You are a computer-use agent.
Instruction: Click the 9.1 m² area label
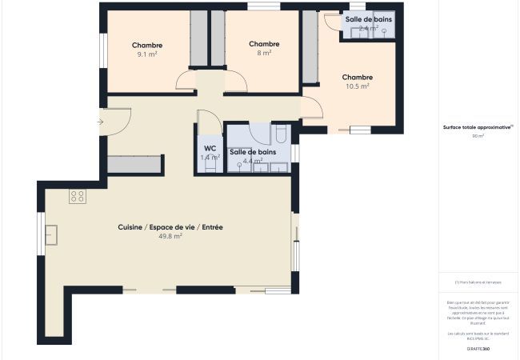point(147,55)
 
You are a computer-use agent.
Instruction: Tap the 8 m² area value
point(264,54)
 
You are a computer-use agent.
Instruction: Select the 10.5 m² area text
point(358,86)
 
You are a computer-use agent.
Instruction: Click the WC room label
point(210,149)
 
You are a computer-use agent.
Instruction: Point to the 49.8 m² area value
point(170,237)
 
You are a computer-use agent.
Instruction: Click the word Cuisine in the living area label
point(130,227)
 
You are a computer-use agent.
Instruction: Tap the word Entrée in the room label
point(212,227)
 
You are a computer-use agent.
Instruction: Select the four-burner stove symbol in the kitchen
point(77,196)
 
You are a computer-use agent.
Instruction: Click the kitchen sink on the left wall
point(52,234)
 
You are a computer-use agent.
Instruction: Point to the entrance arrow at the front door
point(100,122)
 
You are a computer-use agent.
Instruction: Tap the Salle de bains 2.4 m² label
point(369,19)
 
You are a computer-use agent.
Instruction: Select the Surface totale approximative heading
point(478,126)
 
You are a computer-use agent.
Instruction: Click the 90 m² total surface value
point(478,136)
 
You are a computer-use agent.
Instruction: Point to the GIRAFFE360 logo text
point(478,349)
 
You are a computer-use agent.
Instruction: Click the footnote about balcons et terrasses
point(478,282)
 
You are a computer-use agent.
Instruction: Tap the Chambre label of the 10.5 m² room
point(358,78)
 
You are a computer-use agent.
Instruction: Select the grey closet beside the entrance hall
point(135,165)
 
